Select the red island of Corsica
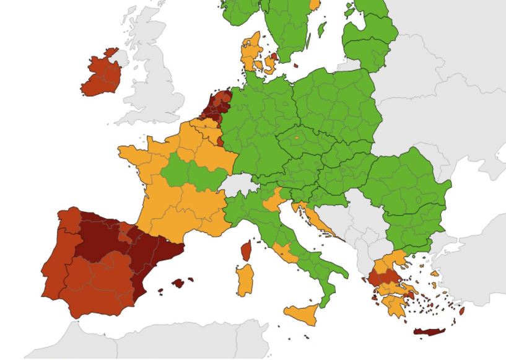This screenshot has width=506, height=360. [x=245, y=250]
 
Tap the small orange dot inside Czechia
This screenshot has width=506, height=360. [x=297, y=136]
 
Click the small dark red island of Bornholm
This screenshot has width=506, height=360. [x=296, y=65]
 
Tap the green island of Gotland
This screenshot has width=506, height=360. [x=322, y=29]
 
